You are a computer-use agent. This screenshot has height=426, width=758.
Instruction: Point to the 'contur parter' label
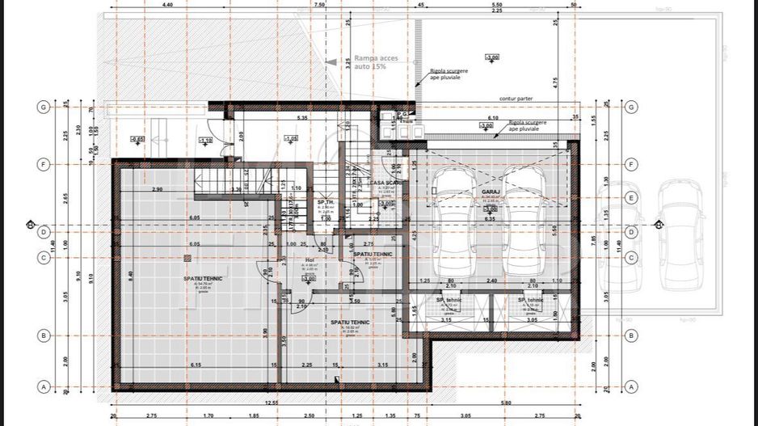tap(516, 99)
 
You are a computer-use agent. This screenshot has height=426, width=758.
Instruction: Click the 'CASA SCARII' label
tap(386, 183)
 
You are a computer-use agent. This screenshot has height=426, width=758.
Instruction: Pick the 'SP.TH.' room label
tap(326, 202)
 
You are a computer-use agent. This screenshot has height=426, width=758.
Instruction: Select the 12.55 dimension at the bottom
tap(269, 403)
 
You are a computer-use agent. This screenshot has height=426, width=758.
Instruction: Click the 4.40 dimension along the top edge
tap(167, 5)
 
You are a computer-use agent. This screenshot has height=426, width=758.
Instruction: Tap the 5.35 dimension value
tap(302, 118)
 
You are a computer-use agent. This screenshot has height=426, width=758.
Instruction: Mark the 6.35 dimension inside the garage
tap(490, 218)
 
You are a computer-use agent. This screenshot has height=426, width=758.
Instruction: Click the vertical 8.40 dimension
tap(130, 275)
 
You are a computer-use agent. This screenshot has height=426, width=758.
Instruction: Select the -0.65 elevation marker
tap(137, 138)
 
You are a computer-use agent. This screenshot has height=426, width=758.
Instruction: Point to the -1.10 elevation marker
tap(205, 140)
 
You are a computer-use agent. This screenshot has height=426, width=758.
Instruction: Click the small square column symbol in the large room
tap(187, 258)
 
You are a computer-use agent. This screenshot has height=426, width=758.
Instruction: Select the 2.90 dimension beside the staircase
tap(156, 188)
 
